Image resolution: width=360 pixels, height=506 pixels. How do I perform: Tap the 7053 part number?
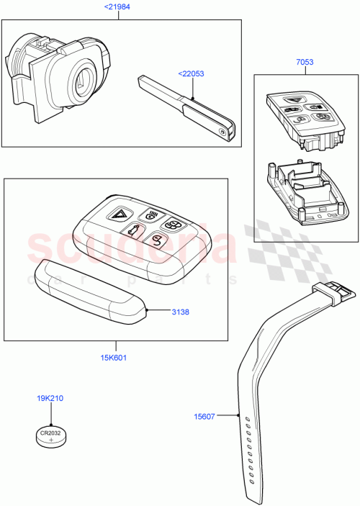pyautogui.click(x=305, y=63)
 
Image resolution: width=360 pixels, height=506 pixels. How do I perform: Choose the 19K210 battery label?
pyautogui.click(x=50, y=397)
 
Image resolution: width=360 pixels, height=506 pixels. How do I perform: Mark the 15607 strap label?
pyautogui.click(x=207, y=415)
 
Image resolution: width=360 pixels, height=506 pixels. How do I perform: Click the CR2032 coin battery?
pyautogui.click(x=50, y=434)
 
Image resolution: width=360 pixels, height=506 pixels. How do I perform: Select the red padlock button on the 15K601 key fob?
pyautogui.click(x=156, y=241)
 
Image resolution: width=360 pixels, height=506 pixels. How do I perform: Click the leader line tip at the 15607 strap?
pyautogui.click(x=238, y=415)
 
